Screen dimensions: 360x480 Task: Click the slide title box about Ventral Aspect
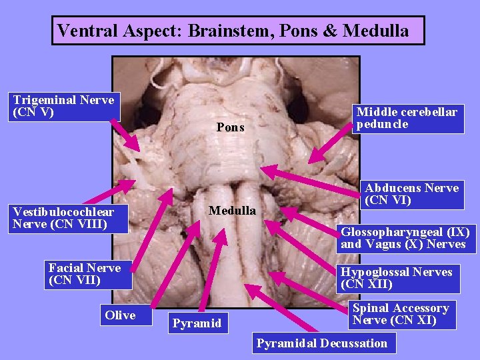pos(238,31)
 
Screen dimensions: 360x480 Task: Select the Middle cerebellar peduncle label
pos(407,119)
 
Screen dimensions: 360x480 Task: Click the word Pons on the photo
pos(231,127)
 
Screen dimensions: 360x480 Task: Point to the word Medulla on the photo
pos(232,211)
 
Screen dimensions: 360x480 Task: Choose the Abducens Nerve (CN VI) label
pos(411,194)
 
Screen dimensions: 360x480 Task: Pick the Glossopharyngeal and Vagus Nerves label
pos(405,238)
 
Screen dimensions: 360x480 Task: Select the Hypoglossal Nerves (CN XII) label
pos(397,278)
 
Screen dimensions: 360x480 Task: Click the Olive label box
pos(120,315)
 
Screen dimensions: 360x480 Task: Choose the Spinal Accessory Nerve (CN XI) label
pos(402,314)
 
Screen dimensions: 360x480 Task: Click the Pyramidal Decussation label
pos(323,343)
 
